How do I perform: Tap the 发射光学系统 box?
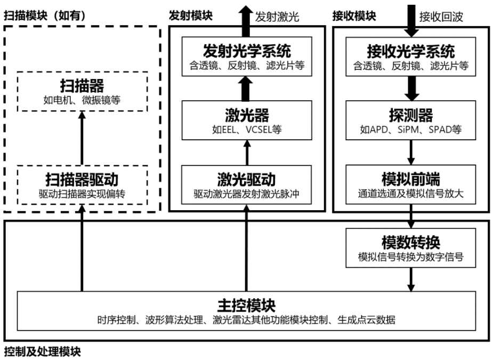[246, 57]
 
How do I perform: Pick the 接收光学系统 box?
[410, 57]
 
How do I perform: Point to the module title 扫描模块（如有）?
[45, 16]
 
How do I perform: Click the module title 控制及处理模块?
[42, 351]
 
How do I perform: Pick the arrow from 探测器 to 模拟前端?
[410, 151]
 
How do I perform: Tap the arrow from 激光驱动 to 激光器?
[246, 151]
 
